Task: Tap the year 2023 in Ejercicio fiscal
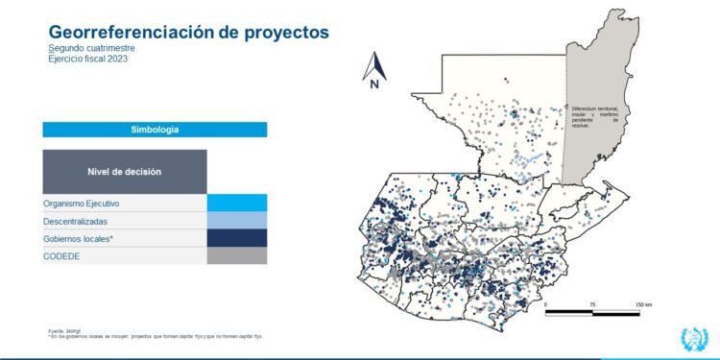[117, 59]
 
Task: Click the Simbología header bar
[155, 130]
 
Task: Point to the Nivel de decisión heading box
[125, 172]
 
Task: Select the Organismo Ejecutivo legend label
[82, 204]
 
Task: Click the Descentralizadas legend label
[78, 221]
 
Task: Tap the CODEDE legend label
[61, 255]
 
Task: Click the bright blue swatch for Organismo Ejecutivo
[237, 204]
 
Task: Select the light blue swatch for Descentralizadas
[237, 221]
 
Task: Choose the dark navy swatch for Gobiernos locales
[237, 238]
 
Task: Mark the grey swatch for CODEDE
[237, 255]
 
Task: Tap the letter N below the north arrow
[374, 84]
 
